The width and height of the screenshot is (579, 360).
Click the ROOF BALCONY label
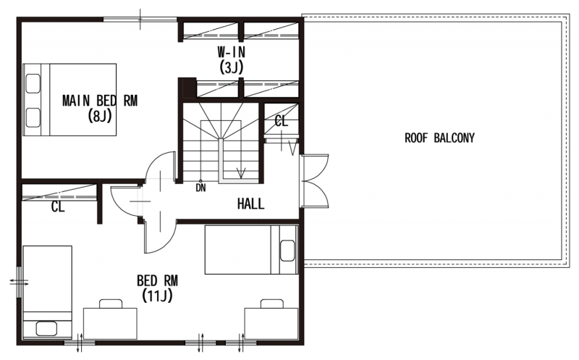coord(439,138)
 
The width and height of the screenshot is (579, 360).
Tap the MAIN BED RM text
coord(100,101)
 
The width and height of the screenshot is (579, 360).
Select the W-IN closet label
coord(231,52)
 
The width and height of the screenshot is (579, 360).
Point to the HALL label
coord(250,204)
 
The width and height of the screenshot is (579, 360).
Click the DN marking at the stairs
coord(201,188)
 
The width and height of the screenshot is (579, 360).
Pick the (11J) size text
coord(157,296)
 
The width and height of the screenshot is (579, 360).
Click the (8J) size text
coord(100,116)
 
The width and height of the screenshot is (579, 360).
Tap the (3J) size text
coord(232,67)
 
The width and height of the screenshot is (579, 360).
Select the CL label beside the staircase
coord(282,121)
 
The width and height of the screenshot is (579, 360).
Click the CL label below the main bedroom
coord(58,207)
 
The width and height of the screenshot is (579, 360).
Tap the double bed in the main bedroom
coord(69,100)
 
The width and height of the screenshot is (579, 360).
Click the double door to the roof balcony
coord(315,181)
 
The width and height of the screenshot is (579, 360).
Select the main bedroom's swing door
coord(160,168)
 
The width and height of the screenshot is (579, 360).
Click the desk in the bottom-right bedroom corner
coord(271,324)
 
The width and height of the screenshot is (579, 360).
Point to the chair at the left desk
coord(111,304)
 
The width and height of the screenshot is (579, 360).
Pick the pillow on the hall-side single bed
coord(287,251)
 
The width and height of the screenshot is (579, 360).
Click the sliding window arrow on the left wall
coord(19,282)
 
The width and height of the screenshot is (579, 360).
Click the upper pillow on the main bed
coord(33,83)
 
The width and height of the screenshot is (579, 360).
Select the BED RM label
coord(157,281)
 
